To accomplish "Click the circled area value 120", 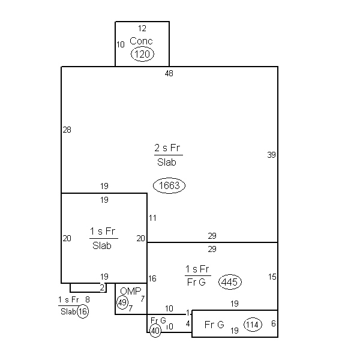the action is [x=142, y=54].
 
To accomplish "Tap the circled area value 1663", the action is [x=169, y=185].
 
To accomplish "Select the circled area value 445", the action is [x=230, y=282].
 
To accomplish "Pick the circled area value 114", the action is [x=253, y=325].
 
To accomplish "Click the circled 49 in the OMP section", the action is [x=122, y=302].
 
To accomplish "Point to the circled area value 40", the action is [x=155, y=331].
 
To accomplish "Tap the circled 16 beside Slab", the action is [x=83, y=311].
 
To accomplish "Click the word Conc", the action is [x=141, y=41].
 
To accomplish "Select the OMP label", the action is [x=131, y=291].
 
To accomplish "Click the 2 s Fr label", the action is [x=167, y=148].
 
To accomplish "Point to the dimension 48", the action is [x=169, y=73].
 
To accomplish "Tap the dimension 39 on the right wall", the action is [x=271, y=155].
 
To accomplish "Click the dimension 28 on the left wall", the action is [x=67, y=130].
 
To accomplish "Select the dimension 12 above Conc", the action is [x=142, y=28].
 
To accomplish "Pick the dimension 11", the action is [x=152, y=218].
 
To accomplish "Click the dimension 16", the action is [x=152, y=278].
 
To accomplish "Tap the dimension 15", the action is [x=272, y=277].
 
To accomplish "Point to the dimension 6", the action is [x=274, y=323].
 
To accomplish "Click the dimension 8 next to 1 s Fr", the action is [x=88, y=299].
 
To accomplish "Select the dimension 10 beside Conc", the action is [x=121, y=44].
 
